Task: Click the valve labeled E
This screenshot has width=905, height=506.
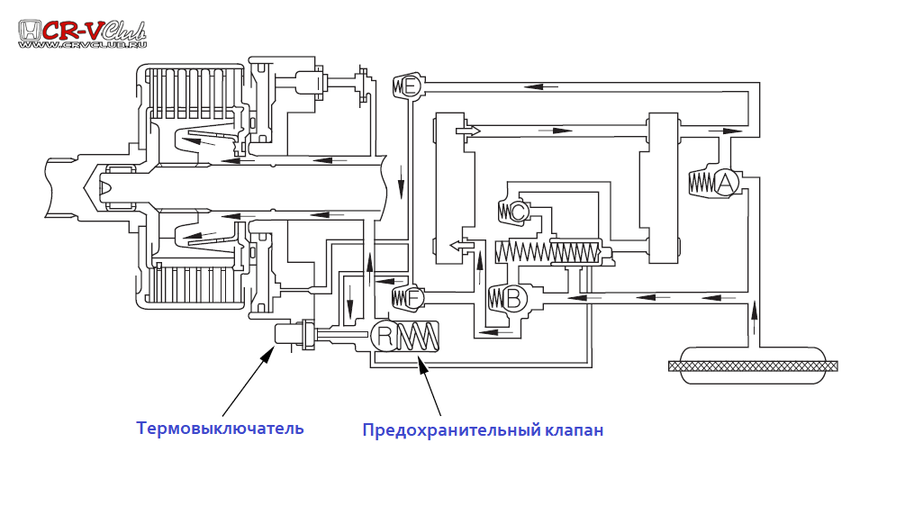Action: click(411, 86)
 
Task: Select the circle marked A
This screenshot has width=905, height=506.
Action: click(727, 183)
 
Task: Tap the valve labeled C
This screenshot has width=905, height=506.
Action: click(518, 212)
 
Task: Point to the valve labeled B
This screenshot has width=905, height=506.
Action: click(512, 298)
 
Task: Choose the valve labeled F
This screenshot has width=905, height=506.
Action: click(413, 297)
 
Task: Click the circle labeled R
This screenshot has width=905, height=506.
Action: click(385, 337)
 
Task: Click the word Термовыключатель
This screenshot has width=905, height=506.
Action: click(220, 429)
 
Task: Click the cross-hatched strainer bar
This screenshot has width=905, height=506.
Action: click(753, 366)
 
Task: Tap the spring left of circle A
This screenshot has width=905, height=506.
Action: click(701, 183)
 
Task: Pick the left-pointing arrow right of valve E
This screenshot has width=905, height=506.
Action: click(539, 86)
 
